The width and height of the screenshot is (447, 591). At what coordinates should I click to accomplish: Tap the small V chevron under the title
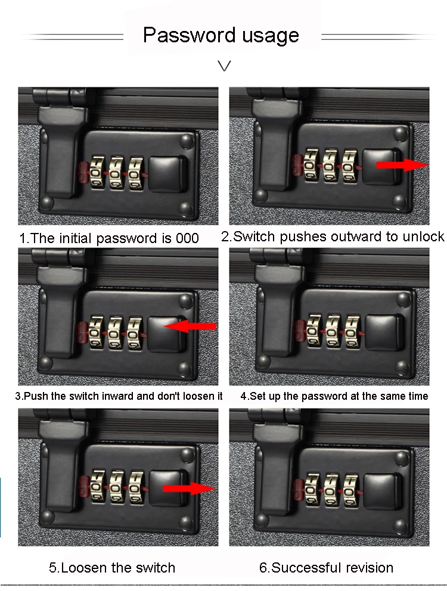pos(224,66)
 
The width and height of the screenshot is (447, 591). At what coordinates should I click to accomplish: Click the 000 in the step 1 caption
pos(187,238)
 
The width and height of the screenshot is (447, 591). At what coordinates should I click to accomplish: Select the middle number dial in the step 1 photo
pos(116,173)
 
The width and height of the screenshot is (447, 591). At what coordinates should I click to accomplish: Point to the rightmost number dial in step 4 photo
pos(350,331)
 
